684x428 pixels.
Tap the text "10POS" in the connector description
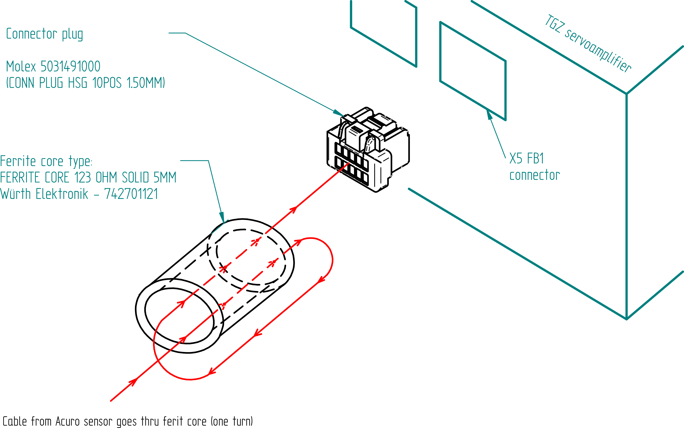pos(107,83)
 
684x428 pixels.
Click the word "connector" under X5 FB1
pos(534,175)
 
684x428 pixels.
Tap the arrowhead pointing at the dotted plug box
pos(339,113)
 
